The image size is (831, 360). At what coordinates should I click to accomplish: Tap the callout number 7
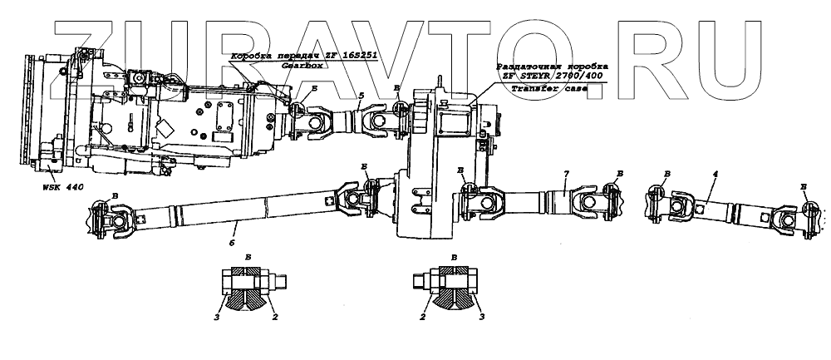(x=565, y=173)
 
